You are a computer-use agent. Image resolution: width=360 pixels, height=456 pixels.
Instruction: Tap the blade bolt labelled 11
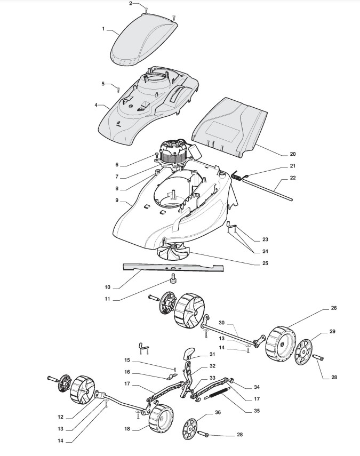click(174, 277)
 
